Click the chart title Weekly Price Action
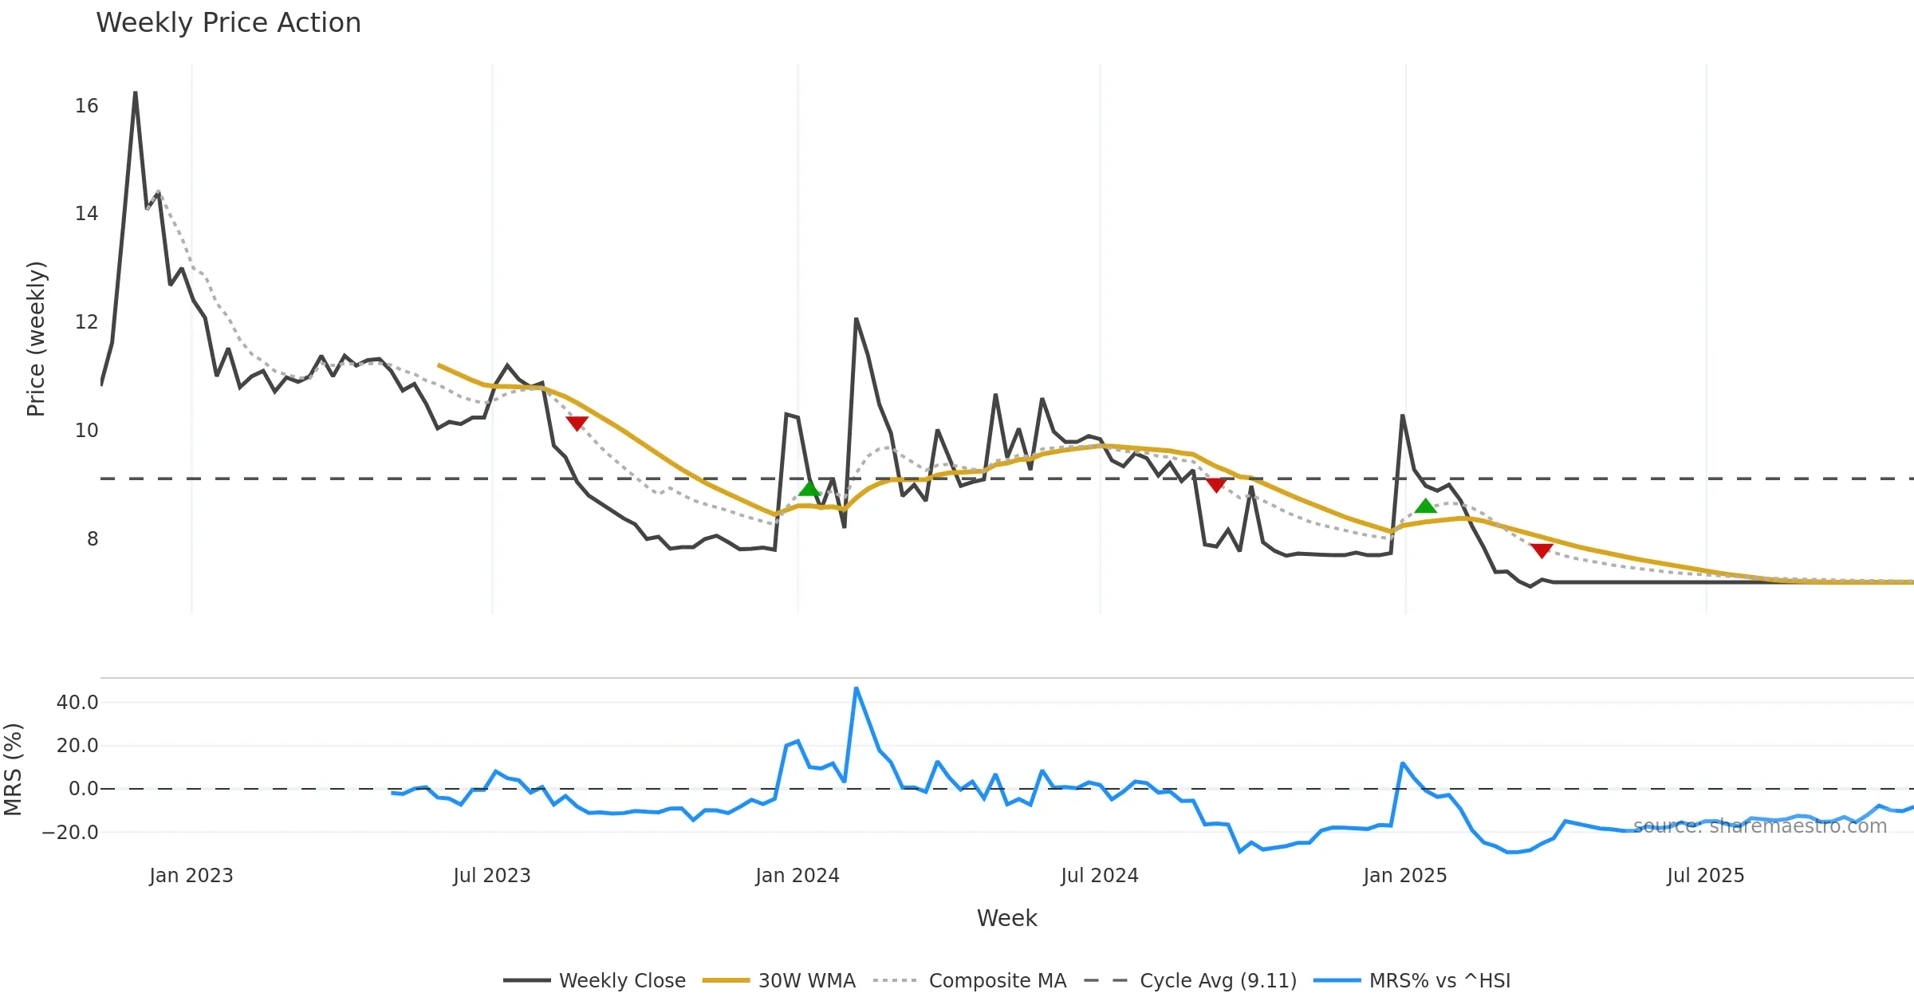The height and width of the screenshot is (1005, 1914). click(x=228, y=23)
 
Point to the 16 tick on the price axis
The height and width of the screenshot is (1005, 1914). click(x=86, y=106)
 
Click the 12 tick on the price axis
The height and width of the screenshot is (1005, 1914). click(x=86, y=322)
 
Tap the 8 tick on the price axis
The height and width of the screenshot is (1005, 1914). click(x=93, y=539)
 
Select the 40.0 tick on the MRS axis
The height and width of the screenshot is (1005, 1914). click(x=77, y=703)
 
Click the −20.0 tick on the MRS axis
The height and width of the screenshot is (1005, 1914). click(x=70, y=833)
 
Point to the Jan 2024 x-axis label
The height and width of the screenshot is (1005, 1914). click(x=797, y=876)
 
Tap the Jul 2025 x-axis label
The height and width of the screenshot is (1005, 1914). click(x=1706, y=876)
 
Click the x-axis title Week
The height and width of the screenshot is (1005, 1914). click(x=1006, y=919)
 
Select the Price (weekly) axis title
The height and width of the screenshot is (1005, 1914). click(x=37, y=339)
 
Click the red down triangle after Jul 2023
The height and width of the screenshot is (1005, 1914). click(x=577, y=423)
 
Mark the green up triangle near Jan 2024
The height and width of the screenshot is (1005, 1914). click(x=809, y=488)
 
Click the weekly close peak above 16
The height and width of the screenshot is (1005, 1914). click(x=136, y=93)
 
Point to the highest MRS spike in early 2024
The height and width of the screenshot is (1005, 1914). click(x=856, y=688)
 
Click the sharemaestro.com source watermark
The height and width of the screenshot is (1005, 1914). click(x=1760, y=826)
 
